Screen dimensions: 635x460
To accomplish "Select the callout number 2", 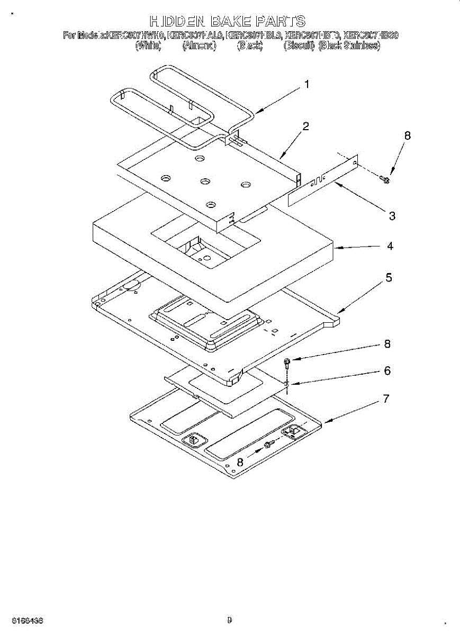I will (x=306, y=126).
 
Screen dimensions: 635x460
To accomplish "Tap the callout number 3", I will (x=392, y=215).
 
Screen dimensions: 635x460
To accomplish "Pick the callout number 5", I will (x=388, y=277).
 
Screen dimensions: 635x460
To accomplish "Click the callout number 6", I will (x=387, y=371).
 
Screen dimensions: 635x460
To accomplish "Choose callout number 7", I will (x=386, y=398).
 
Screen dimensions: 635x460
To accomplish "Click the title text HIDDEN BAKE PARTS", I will (x=228, y=22).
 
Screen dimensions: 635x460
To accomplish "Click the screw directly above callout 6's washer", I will (x=286, y=362).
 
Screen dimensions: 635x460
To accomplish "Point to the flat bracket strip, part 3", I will (x=323, y=180).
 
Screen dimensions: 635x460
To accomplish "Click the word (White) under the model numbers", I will (x=148, y=46).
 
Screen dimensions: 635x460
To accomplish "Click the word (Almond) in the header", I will (x=199, y=46).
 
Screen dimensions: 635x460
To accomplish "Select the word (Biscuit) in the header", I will (x=299, y=46).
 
